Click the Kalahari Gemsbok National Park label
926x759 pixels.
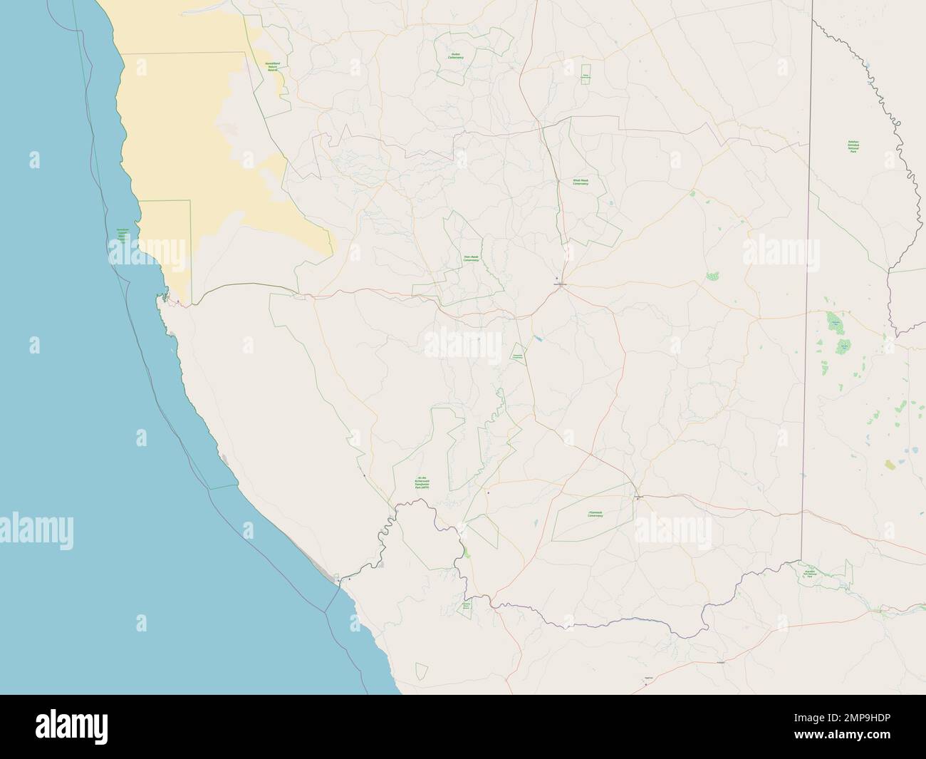[x=852, y=152]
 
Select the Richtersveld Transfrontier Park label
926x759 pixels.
[x=422, y=482]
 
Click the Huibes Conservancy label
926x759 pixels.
[x=455, y=55]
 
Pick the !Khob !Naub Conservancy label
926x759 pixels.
[x=581, y=182]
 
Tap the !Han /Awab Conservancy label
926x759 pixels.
[x=471, y=259]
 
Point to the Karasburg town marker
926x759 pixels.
[x=638, y=497]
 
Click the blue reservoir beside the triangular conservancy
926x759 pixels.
[x=539, y=339]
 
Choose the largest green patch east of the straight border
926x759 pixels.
[x=834, y=325]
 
